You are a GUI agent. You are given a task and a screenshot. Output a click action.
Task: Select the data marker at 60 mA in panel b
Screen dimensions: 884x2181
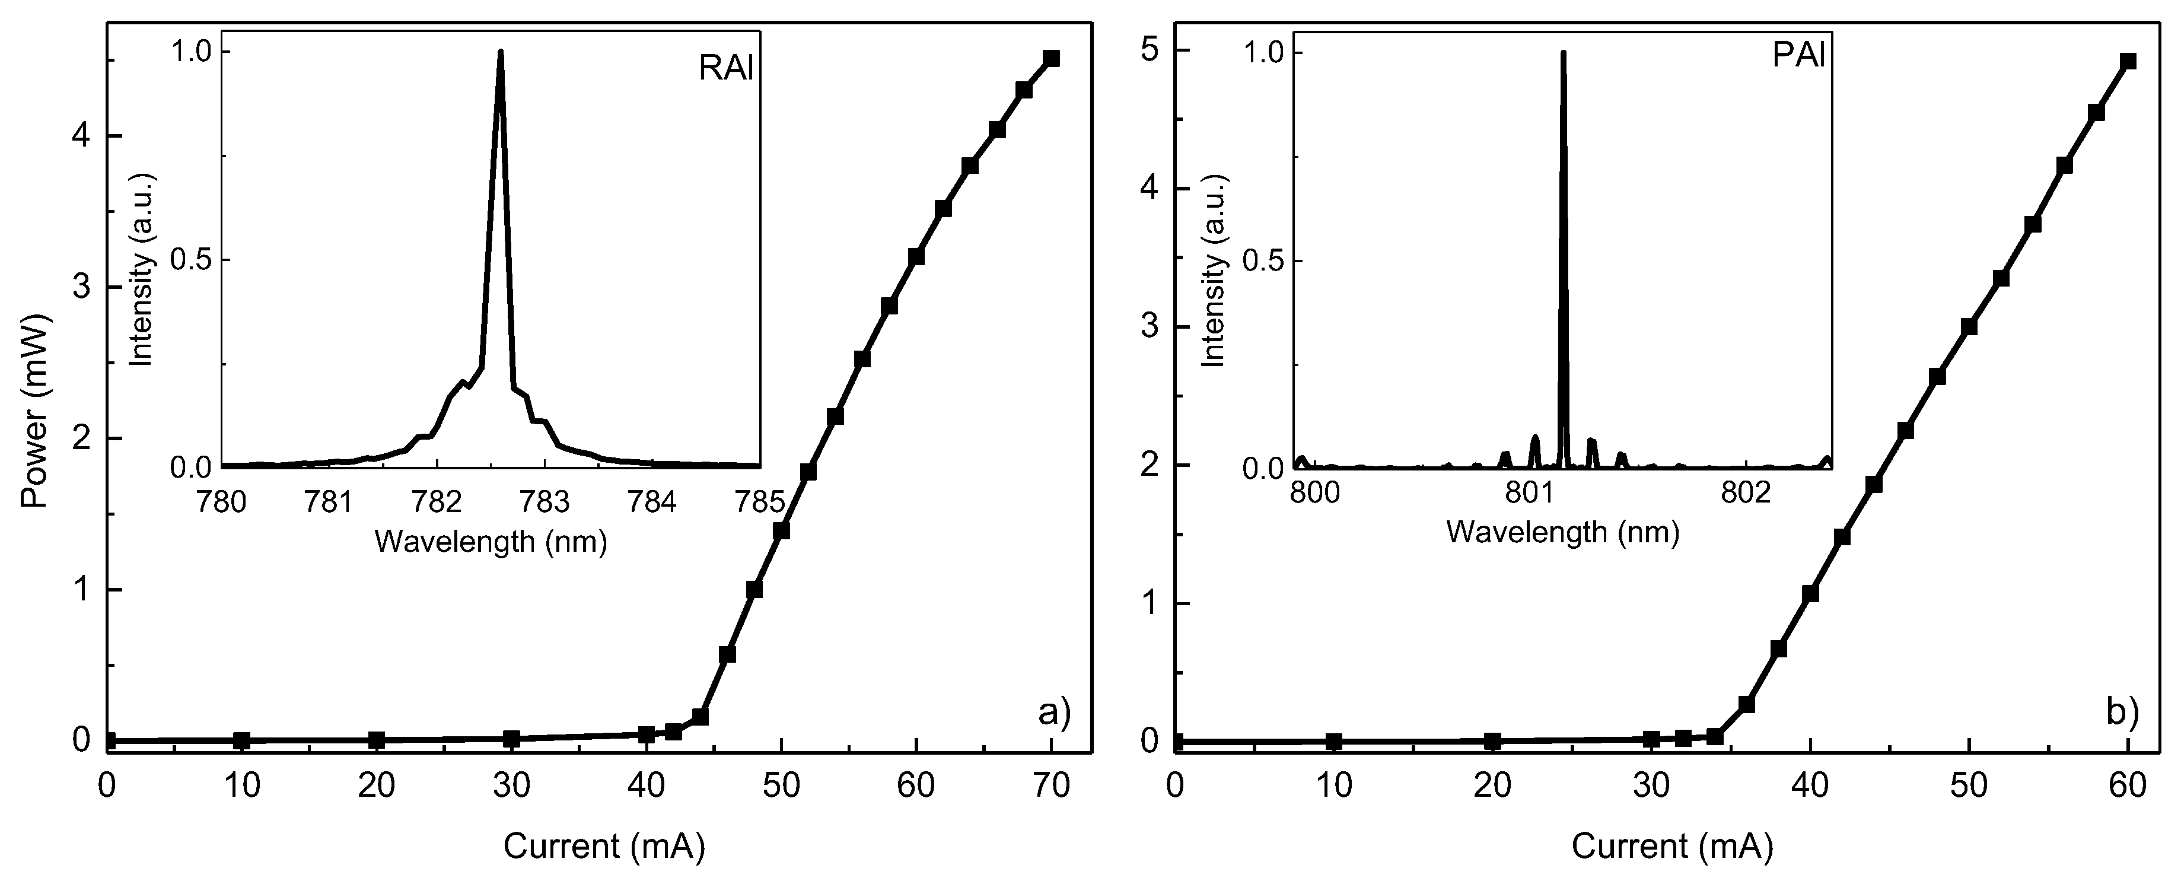(x=2128, y=61)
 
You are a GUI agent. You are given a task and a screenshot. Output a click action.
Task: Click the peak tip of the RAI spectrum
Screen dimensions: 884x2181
(x=501, y=52)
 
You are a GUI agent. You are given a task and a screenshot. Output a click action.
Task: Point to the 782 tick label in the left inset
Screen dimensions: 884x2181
(x=437, y=502)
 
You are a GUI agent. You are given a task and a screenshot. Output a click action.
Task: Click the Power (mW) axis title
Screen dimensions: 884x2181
(x=36, y=411)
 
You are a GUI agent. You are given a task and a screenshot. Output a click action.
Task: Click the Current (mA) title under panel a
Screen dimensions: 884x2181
(x=604, y=846)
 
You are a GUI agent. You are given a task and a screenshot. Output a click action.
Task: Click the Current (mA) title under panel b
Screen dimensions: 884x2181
(x=1671, y=846)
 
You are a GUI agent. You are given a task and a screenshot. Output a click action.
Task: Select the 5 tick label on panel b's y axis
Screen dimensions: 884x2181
(x=1149, y=51)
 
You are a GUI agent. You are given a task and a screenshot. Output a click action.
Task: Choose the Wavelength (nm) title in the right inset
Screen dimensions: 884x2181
(x=1562, y=532)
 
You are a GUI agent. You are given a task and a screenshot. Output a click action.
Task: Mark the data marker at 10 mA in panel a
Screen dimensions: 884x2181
(x=242, y=740)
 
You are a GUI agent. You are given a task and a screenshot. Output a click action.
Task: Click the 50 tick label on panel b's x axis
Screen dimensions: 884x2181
(x=1969, y=785)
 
